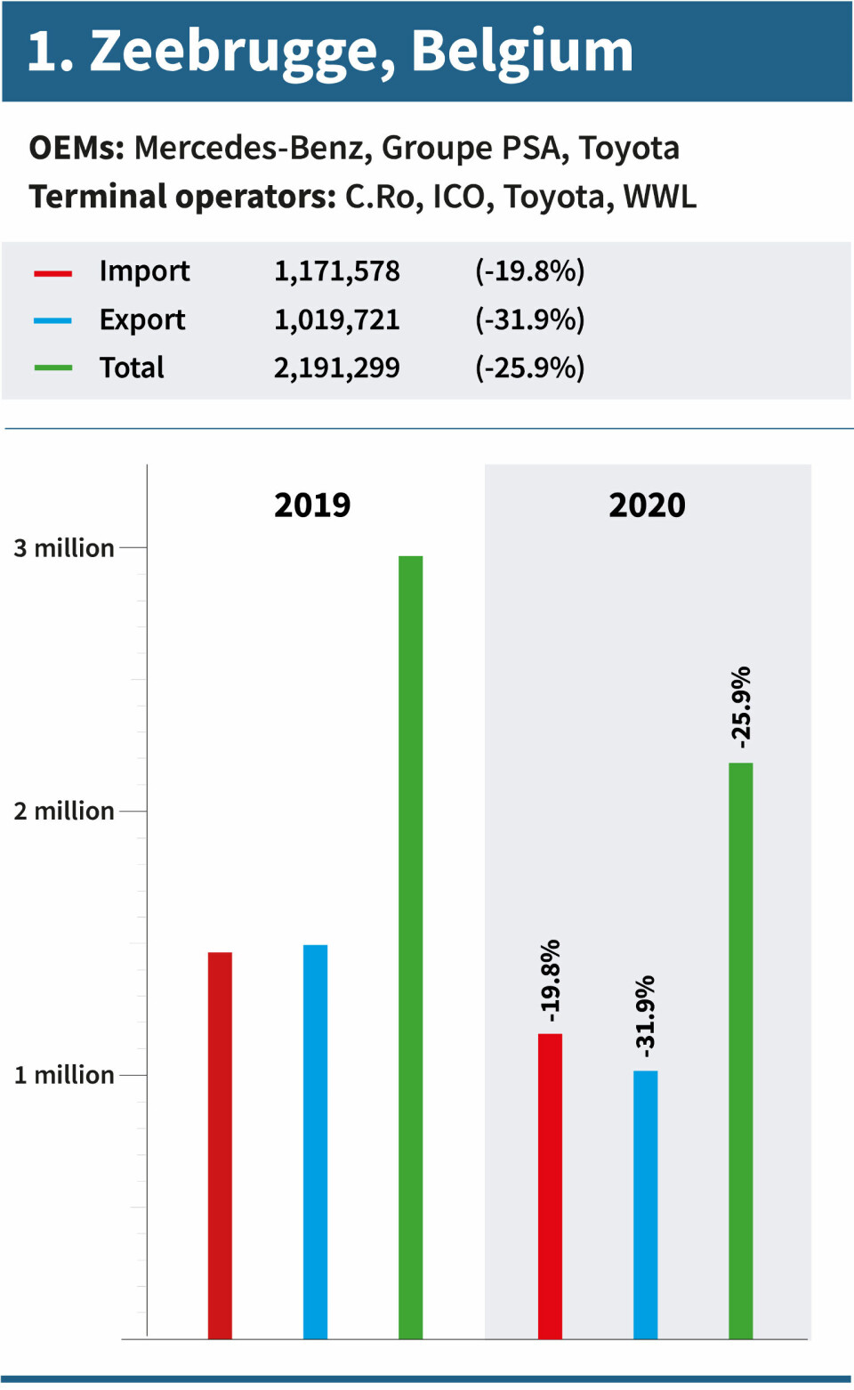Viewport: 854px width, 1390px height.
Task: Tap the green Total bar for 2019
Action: tap(410, 947)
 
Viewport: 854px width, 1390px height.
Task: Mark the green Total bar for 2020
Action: tap(740, 1050)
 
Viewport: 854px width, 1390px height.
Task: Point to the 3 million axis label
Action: tap(64, 548)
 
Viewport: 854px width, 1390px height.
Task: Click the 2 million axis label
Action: tap(64, 812)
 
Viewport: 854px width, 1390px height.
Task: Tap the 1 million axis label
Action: tap(64, 1075)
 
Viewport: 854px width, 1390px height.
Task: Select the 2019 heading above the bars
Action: tap(312, 505)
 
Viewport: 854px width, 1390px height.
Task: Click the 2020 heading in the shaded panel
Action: tap(647, 505)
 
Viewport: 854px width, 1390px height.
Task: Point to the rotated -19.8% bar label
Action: tap(551, 981)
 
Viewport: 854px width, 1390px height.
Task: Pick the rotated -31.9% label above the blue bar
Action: tap(645, 1016)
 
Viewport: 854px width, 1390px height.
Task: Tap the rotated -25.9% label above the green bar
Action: tap(741, 707)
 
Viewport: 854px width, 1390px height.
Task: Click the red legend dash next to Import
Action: tap(52, 273)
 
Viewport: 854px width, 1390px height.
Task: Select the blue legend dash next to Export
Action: tap(52, 320)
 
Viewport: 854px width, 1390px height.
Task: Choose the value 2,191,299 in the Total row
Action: tap(336, 368)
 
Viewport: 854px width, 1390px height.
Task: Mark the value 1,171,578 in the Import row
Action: tap(336, 271)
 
